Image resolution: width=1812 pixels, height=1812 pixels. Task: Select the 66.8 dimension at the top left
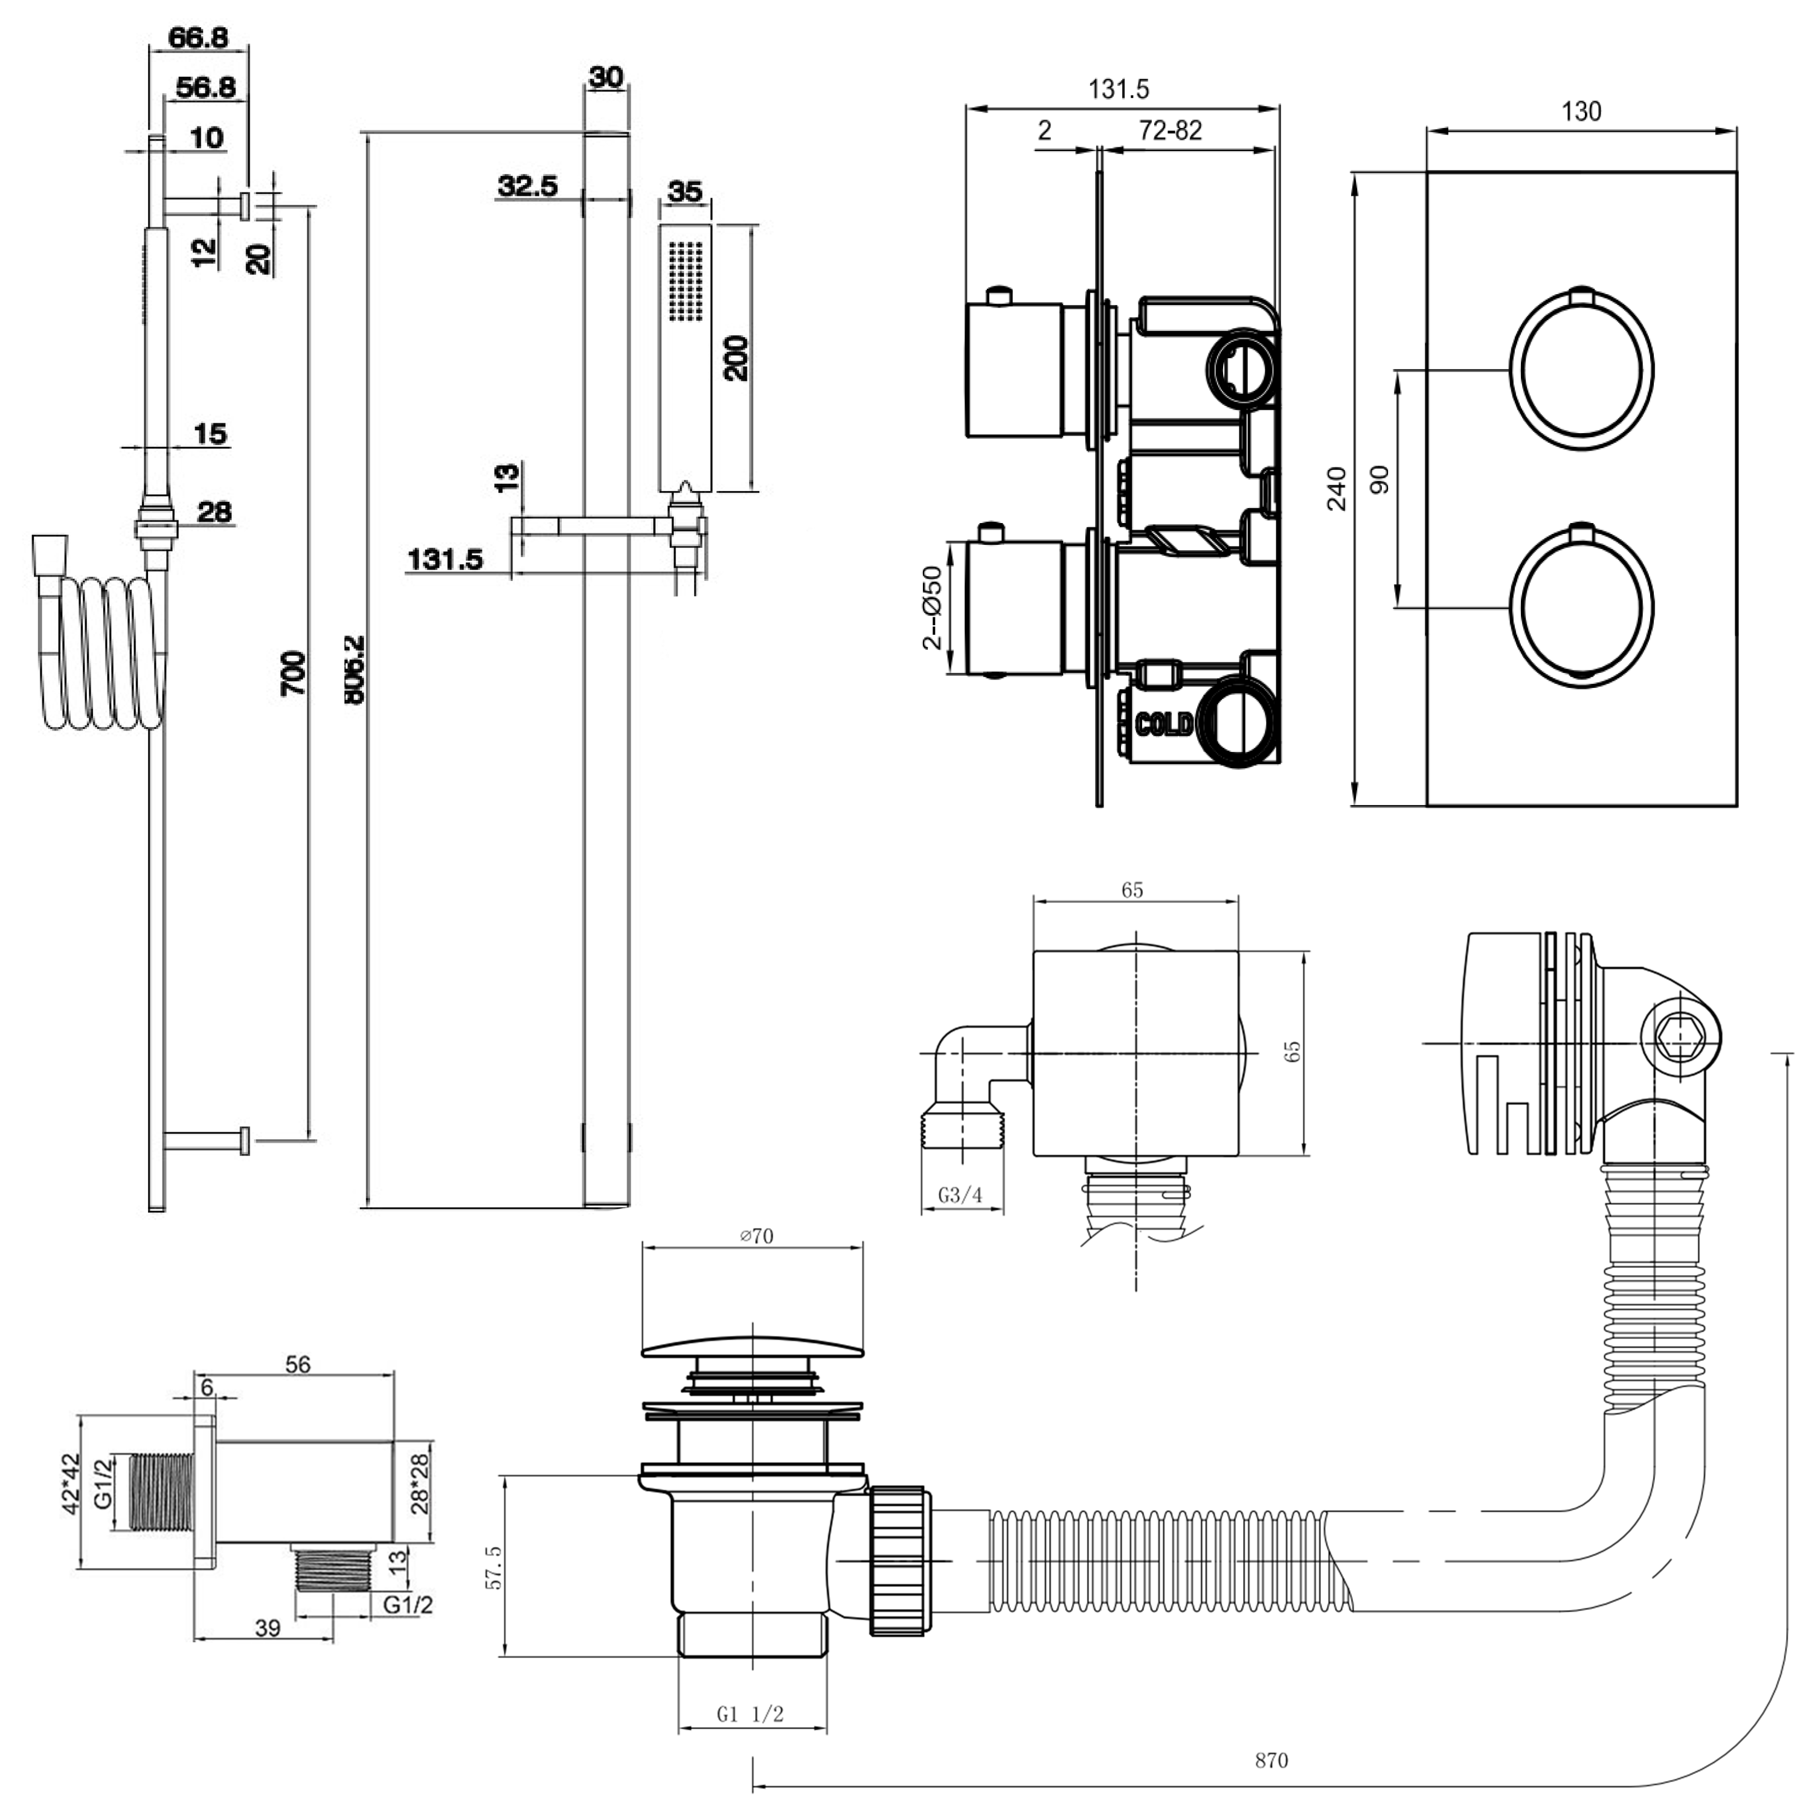coord(198,37)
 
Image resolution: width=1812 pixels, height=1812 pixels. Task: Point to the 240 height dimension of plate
coord(1337,487)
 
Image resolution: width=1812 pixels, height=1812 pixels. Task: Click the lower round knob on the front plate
coord(1581,607)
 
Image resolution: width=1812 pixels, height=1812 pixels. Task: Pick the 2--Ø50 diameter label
coord(932,607)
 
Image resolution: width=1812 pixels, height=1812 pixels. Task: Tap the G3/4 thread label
coord(960,1195)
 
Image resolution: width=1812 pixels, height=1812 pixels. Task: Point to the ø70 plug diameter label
coord(756,1236)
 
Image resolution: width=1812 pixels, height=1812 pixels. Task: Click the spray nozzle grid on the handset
coord(686,280)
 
